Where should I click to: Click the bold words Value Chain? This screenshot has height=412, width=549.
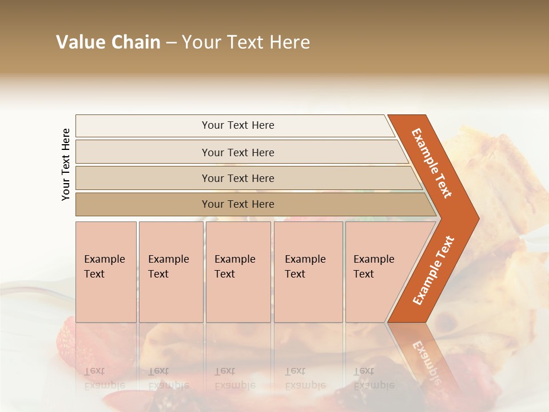[108, 42]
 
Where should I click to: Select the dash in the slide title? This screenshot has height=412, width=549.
[171, 43]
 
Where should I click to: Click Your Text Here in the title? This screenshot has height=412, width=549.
[246, 42]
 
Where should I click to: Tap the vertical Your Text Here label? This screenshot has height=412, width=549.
[66, 164]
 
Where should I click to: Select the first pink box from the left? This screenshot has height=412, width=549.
[106, 272]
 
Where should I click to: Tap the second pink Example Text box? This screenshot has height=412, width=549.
[171, 272]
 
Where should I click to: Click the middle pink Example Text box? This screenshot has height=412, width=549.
[238, 272]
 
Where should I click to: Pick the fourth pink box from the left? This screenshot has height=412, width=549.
[308, 272]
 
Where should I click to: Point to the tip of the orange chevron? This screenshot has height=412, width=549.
[477, 219]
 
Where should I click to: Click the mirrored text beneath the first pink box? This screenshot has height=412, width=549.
[104, 378]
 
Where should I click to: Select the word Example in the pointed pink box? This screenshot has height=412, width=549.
[373, 259]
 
